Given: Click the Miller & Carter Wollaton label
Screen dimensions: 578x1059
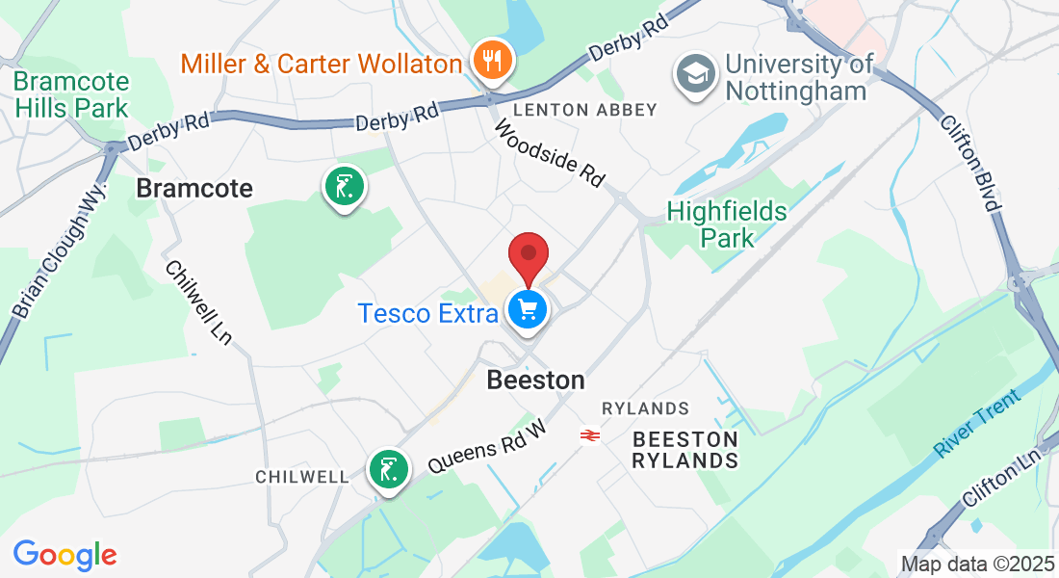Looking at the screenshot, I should click(x=322, y=65).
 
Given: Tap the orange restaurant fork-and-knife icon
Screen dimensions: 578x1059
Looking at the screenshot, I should click(x=492, y=61).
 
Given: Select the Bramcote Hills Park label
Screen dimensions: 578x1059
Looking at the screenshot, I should click(x=71, y=93).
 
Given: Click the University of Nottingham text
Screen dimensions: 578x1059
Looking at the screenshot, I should click(x=799, y=77).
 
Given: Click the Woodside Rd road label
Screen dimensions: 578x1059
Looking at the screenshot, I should click(x=550, y=153).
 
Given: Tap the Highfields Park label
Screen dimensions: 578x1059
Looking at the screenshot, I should click(x=727, y=223).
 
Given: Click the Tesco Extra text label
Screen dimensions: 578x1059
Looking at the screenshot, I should click(x=428, y=313).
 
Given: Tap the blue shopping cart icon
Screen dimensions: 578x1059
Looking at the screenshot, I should click(x=527, y=310).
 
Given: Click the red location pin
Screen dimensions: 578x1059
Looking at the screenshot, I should click(x=528, y=254).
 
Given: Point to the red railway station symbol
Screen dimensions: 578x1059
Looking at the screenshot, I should click(x=591, y=435).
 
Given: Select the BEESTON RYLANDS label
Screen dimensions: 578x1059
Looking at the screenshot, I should click(x=684, y=450).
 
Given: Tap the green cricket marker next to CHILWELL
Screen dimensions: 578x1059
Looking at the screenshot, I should click(x=388, y=471).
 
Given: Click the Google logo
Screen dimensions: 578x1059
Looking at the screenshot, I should click(x=65, y=554).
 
